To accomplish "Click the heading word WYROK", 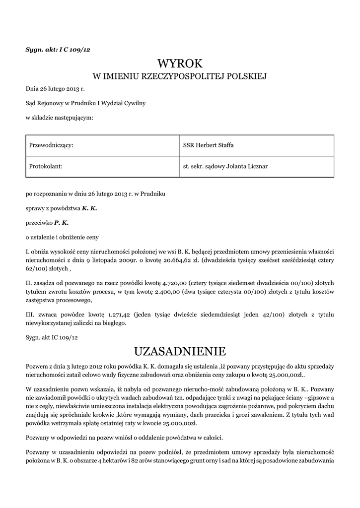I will point(180,63).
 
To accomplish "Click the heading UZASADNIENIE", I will point(180,352).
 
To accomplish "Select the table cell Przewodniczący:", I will point(52,145).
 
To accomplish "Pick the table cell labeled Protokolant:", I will point(46,166).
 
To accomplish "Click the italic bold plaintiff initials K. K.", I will point(89,208).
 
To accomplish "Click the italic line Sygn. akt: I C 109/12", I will point(58,49).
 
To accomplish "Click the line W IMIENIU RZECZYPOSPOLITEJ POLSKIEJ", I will point(180,76).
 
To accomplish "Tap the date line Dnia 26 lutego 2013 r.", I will point(55,89).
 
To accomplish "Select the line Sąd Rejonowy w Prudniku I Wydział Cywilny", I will point(85,103).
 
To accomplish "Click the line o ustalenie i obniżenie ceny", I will point(62,237).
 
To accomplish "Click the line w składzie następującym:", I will point(59,118).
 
